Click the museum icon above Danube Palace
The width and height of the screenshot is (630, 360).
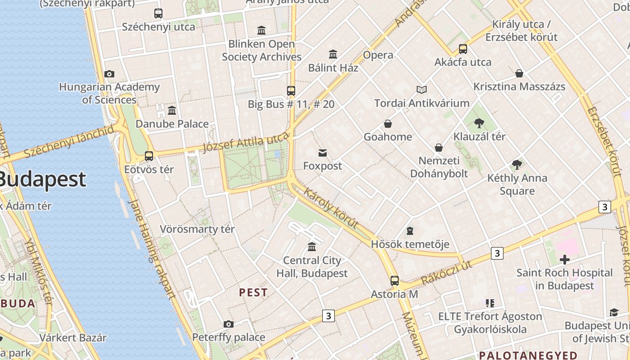(172, 110)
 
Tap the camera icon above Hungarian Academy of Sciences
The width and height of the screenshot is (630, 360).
(109, 74)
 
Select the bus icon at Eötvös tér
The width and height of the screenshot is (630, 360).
(149, 156)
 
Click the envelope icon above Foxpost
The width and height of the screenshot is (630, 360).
(323, 153)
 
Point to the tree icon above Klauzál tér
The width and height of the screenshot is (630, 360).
(479, 123)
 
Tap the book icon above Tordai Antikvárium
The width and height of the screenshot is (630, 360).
(422, 90)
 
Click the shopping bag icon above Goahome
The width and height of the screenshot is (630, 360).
(388, 124)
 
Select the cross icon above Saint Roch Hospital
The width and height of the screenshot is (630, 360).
(565, 259)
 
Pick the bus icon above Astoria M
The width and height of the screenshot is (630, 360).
(395, 281)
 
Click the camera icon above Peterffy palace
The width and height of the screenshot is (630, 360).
(229, 324)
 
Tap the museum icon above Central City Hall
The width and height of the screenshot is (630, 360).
(312, 247)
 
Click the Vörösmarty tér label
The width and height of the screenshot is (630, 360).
(197, 229)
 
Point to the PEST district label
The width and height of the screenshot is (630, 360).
(253, 292)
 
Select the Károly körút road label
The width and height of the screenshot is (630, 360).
(331, 208)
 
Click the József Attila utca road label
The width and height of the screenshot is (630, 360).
(245, 142)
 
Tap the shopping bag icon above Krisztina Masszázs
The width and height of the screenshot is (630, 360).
(519, 73)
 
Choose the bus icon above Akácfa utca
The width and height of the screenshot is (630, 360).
(463, 49)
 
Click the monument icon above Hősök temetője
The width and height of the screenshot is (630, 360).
(410, 231)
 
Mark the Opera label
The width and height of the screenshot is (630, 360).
(378, 55)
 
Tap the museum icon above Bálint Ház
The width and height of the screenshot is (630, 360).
(333, 54)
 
